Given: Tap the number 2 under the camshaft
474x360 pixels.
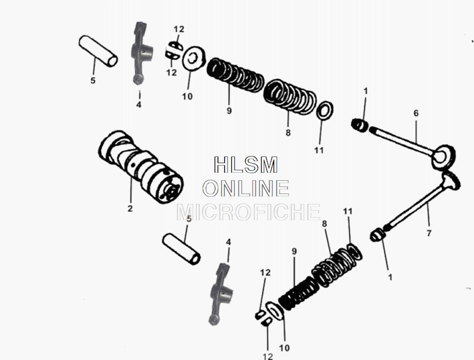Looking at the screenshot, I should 130,208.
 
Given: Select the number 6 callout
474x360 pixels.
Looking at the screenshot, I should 416,113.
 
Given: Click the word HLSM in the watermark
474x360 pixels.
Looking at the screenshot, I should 246,165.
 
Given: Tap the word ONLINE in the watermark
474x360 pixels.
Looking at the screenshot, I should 246,188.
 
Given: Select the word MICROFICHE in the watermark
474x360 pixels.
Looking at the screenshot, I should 248,212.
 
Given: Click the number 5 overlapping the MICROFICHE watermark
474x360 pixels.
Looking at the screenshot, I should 188,219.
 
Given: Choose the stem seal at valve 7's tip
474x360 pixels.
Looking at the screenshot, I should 377,234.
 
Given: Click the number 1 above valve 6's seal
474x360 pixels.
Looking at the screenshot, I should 365,91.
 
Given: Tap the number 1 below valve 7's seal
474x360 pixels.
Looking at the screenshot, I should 390,277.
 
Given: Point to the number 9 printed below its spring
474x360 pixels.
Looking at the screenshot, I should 229,111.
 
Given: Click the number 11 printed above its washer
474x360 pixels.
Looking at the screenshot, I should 348,211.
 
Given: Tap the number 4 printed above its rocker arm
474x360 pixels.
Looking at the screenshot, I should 228,242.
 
